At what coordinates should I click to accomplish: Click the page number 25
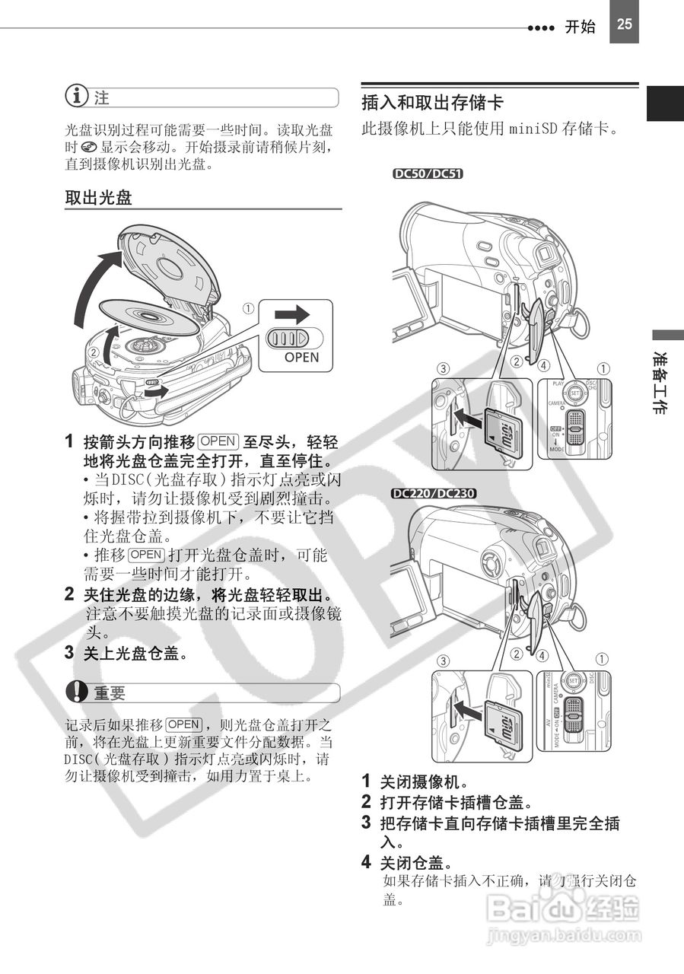[624, 24]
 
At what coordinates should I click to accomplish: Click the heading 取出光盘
[98, 199]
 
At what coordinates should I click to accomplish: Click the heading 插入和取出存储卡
[432, 102]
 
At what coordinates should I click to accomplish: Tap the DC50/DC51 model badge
[427, 173]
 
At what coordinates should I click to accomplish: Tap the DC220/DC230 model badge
[434, 492]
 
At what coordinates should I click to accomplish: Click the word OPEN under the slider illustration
[301, 357]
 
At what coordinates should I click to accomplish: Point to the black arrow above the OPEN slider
[293, 314]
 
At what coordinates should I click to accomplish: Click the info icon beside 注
[76, 97]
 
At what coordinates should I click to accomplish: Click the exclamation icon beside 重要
[76, 692]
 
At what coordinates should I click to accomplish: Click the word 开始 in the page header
[580, 27]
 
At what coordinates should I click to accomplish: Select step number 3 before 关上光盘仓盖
[69, 652]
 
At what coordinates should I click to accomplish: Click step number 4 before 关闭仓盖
[366, 862]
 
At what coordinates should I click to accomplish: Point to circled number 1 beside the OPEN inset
[248, 309]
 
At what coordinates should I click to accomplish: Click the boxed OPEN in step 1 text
[218, 441]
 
